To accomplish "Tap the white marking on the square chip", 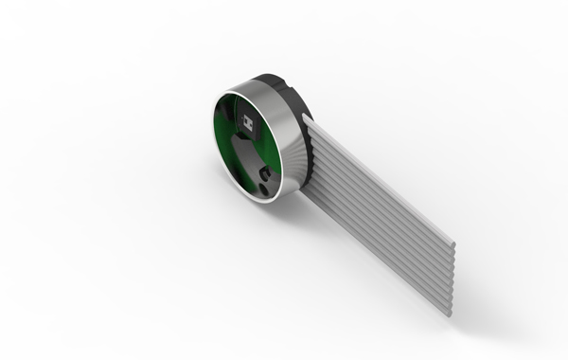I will [248, 121].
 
